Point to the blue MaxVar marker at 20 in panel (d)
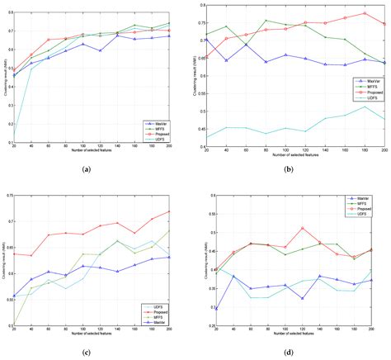coord(217,308)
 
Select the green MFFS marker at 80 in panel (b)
coord(265,21)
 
